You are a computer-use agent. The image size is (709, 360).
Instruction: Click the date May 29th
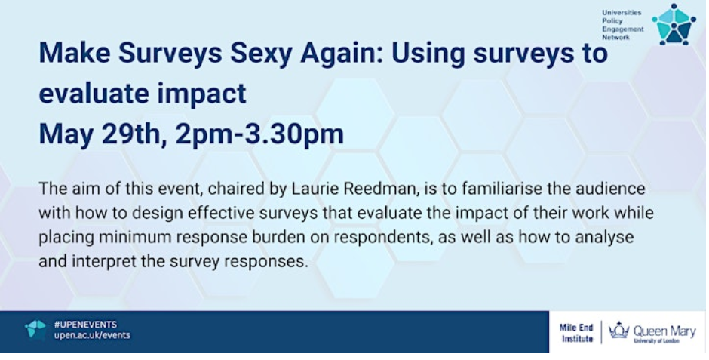pos(97,134)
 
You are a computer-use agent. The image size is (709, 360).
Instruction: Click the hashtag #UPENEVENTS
pos(85,325)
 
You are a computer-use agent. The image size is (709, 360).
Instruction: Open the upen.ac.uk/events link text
pos(92,335)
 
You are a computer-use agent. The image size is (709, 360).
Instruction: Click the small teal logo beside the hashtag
pos(35,329)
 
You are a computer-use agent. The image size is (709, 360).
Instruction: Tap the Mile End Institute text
pos(576,333)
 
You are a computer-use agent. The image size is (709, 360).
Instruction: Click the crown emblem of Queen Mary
pos(618,330)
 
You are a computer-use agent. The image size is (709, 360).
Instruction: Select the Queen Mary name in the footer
pos(664,331)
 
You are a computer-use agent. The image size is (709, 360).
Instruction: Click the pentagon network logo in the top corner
pos(674,24)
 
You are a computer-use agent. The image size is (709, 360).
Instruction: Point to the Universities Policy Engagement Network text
pos(622,25)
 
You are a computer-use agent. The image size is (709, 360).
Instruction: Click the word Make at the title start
pos(75,54)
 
